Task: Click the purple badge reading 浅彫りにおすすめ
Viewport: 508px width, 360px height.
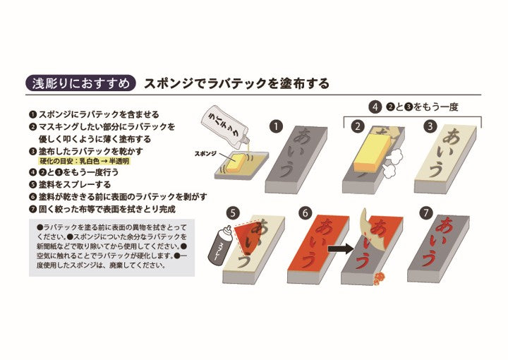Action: [x=80, y=83]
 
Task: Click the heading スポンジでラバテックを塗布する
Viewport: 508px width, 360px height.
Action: [x=236, y=83]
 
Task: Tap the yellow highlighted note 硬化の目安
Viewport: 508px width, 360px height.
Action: [x=84, y=161]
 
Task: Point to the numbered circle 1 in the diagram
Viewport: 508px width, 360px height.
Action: [x=276, y=126]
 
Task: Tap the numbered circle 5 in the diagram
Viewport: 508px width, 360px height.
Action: [x=234, y=213]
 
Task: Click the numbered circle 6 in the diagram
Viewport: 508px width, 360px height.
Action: [x=306, y=213]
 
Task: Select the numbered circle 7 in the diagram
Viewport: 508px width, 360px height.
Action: [x=425, y=213]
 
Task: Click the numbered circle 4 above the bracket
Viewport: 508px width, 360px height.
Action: [x=375, y=107]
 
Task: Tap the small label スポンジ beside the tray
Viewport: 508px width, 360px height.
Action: [x=205, y=153]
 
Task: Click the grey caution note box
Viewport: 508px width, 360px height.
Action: [x=111, y=248]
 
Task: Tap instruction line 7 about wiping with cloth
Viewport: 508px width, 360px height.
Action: [x=102, y=209]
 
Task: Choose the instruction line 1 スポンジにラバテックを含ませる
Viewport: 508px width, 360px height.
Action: [x=94, y=114]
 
